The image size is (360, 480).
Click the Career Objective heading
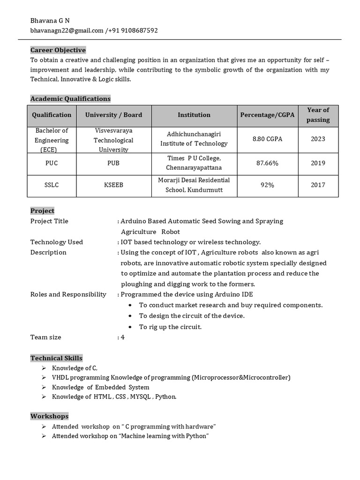coord(58,50)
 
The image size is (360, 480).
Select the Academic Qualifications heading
coord(70,99)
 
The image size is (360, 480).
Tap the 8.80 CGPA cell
coord(267,139)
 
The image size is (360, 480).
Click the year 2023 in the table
coord(318,139)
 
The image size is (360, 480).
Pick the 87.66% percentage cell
coord(267,163)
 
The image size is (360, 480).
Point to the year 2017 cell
coord(318,185)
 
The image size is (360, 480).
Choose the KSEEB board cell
coord(113,185)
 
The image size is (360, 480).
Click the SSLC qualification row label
coord(52,185)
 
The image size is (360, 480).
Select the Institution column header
coord(194,115)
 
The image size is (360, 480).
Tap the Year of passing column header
coord(318,115)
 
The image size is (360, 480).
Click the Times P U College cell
coord(194,163)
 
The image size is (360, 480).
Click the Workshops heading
coord(49,416)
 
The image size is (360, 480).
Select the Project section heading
coord(42,211)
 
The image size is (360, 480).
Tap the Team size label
coord(46,337)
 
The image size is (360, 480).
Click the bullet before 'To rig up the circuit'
coord(129,327)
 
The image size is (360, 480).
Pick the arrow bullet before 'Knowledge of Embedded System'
coord(43,388)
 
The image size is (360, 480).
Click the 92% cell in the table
coord(267,185)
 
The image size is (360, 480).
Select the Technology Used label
coord(57,242)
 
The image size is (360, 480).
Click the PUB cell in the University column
coord(113,163)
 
